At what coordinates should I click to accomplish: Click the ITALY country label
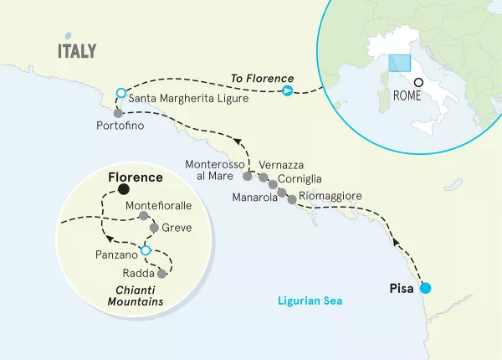point(77,51)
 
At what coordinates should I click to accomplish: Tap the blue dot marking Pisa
point(425,289)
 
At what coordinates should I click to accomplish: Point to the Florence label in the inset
point(136,179)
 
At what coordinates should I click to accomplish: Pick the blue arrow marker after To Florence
point(288,91)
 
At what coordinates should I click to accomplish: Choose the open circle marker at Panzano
point(146,250)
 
